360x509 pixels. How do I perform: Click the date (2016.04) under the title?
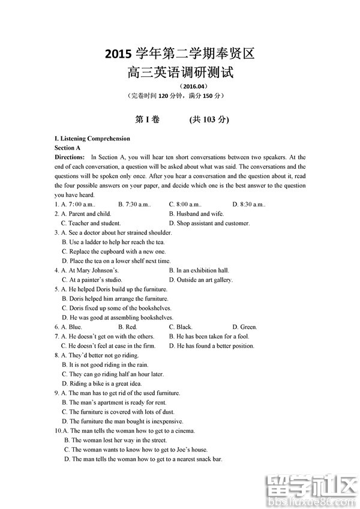[x=180, y=86]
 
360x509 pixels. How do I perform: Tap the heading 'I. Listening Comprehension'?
[x=92, y=139]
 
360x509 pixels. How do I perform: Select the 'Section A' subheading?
[x=67, y=148]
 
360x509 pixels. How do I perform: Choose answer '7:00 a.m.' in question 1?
[x=77, y=205]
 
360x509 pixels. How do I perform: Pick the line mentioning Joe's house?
[x=139, y=450]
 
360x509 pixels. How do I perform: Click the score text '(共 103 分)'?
[x=209, y=119]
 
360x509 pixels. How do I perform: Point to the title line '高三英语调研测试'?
[x=180, y=73]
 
